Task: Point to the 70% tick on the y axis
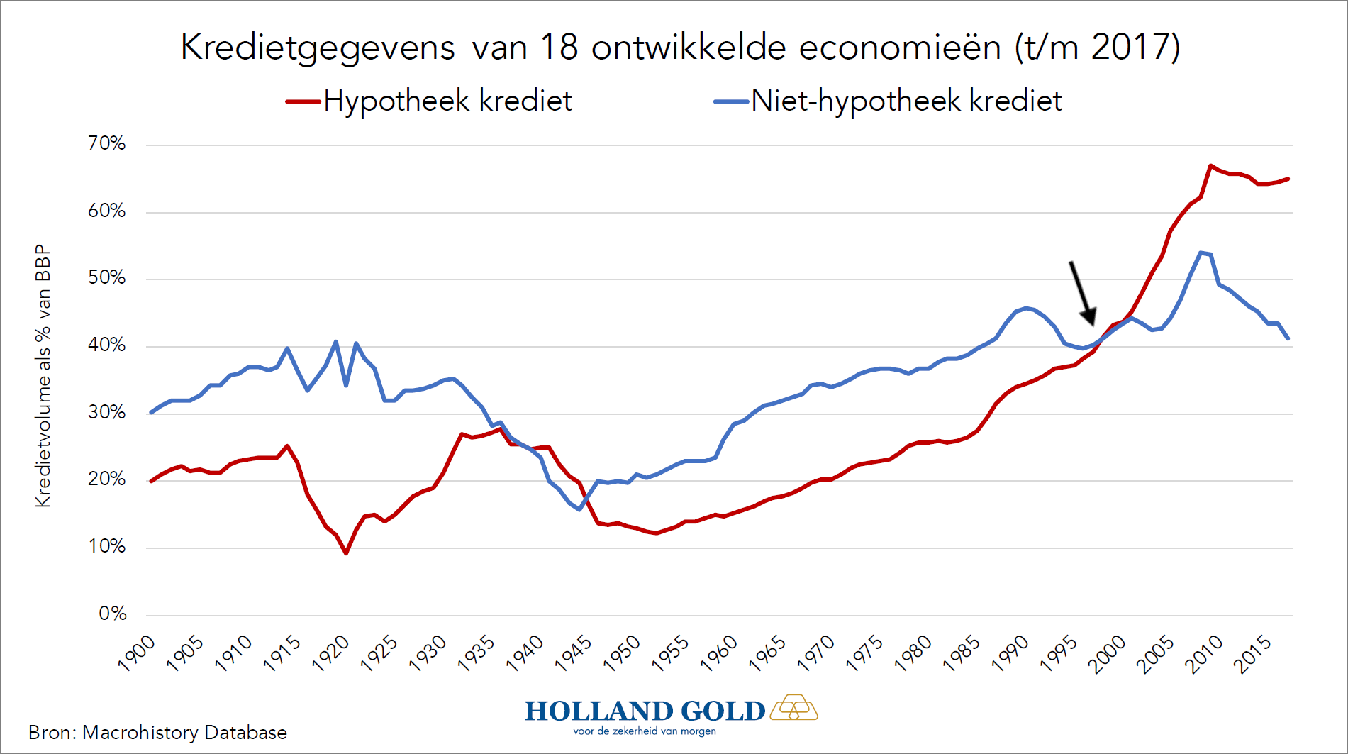click(106, 144)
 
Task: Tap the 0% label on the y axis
click(112, 614)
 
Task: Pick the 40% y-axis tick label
click(106, 345)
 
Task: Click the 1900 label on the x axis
click(137, 653)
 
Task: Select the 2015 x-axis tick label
click(1253, 653)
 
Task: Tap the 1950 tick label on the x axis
click(623, 653)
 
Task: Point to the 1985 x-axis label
click(962, 653)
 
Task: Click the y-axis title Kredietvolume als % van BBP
click(43, 376)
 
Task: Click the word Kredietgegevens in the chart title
click(317, 48)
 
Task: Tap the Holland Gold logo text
click(645, 711)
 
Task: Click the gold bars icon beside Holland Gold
click(794, 707)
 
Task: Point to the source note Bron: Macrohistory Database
click(157, 733)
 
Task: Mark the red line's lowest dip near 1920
click(346, 553)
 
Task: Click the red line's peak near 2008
click(1210, 166)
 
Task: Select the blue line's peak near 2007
click(1201, 253)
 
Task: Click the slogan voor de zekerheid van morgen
click(645, 731)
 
